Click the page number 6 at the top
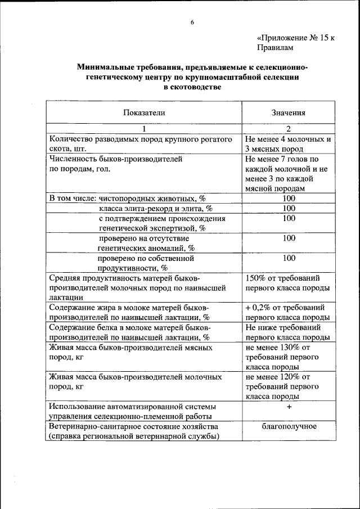(x=192, y=22)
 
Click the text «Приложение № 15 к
(x=296, y=38)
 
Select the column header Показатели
(x=144, y=112)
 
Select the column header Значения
(x=289, y=112)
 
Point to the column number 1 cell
(x=144, y=128)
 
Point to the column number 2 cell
(x=289, y=128)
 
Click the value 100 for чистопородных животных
(x=289, y=199)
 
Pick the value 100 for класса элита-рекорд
(x=289, y=209)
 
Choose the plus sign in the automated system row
(x=289, y=407)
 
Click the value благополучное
(x=289, y=426)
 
